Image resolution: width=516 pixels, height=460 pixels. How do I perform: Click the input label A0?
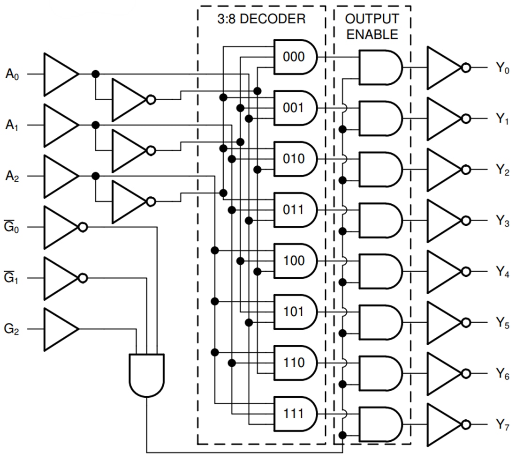pyautogui.click(x=13, y=74)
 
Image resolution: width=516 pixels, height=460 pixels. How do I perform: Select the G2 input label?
pyautogui.click(x=12, y=329)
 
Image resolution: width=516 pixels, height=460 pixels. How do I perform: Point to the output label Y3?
pyautogui.click(x=502, y=221)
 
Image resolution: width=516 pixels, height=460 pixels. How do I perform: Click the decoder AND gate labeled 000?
pyautogui.click(x=295, y=57)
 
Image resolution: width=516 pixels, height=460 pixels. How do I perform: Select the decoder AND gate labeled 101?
pyautogui.click(x=295, y=312)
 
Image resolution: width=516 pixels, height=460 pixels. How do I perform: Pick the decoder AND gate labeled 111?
pyautogui.click(x=295, y=414)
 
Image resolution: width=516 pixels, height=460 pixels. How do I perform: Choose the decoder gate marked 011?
pyautogui.click(x=295, y=210)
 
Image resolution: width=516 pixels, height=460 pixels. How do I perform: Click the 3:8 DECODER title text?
pyautogui.click(x=261, y=19)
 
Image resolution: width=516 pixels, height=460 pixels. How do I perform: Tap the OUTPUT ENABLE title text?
pyautogui.click(x=372, y=27)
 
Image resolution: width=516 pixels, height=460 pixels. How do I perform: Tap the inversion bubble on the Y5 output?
pyautogui.click(x=465, y=323)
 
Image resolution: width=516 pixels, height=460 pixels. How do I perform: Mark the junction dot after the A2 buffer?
pyautogui.click(x=96, y=176)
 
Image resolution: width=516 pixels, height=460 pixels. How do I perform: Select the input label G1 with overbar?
pyautogui.click(x=12, y=278)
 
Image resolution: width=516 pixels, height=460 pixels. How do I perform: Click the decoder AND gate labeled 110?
pyautogui.click(x=295, y=363)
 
